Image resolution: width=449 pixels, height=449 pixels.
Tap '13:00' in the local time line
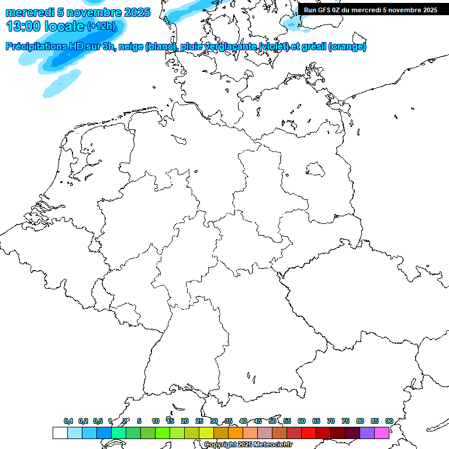[23, 26]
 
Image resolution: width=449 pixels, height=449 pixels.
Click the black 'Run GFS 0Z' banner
[371, 10]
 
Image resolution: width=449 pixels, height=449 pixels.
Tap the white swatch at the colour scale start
[60, 433]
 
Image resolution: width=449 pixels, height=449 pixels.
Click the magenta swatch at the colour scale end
[382, 433]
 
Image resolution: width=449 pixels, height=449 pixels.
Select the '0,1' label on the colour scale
[68, 421]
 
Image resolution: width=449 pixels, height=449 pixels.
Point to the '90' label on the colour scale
[389, 421]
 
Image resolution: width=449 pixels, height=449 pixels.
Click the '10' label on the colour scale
[156, 421]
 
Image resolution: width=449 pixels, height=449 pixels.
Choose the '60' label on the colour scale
[302, 421]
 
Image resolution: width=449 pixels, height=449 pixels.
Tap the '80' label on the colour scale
[360, 421]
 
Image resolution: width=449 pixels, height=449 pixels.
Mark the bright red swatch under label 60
[309, 433]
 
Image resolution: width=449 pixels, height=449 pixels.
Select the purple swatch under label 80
[367, 433]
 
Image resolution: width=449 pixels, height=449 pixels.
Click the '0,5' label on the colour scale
[98, 421]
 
